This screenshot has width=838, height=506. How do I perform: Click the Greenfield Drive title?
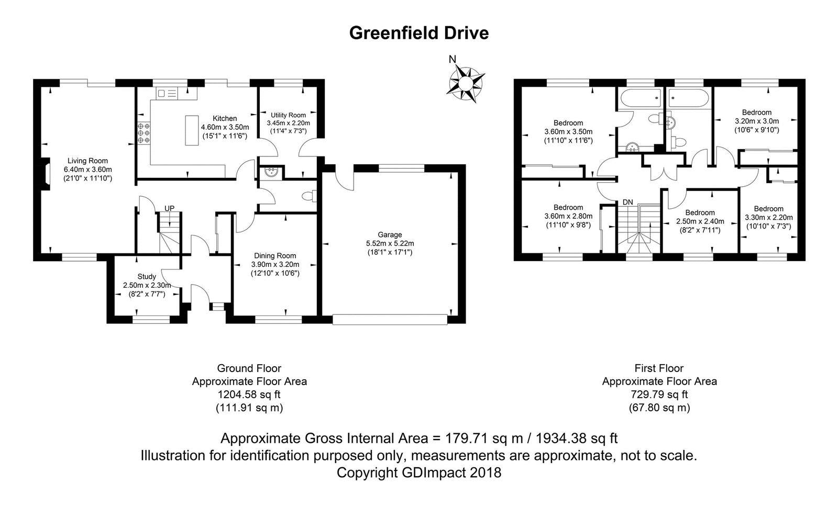click(418, 33)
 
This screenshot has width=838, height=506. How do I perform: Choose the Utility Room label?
click(288, 115)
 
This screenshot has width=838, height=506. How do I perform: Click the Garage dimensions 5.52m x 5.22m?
click(390, 243)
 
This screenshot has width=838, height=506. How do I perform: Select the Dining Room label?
click(275, 256)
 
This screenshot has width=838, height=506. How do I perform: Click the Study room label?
click(147, 276)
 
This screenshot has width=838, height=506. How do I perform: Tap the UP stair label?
click(169, 208)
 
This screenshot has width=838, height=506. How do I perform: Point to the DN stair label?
click(627, 202)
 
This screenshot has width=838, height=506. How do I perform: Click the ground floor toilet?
click(309, 196)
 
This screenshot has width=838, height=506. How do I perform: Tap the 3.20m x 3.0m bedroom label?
click(756, 113)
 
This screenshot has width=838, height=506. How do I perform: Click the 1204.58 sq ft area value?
click(249, 395)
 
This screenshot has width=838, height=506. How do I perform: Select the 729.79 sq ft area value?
click(659, 395)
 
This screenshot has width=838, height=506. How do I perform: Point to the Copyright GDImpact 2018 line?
click(418, 473)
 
